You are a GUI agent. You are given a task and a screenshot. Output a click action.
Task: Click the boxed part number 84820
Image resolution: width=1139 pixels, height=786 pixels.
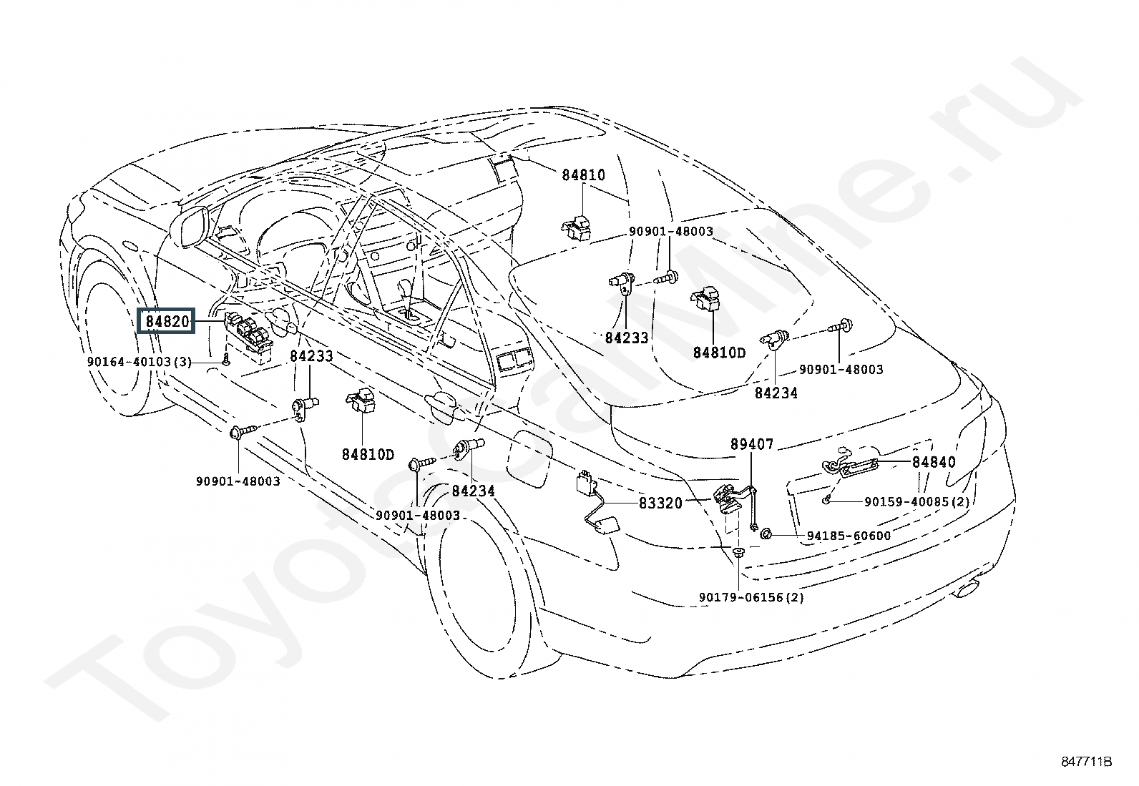click(167, 321)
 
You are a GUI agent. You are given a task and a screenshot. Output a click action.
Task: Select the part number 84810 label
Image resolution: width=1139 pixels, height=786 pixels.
click(583, 175)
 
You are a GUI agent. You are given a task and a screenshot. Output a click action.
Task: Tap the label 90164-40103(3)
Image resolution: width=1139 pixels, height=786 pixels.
click(140, 362)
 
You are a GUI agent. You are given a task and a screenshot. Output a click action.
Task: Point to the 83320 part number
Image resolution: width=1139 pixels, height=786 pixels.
click(660, 503)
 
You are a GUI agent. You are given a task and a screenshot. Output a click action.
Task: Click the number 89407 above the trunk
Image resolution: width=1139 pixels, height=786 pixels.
click(751, 444)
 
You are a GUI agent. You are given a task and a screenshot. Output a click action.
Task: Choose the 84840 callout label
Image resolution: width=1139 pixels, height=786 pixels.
click(934, 461)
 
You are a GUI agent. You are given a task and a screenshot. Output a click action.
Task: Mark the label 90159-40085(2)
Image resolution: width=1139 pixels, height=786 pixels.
click(916, 502)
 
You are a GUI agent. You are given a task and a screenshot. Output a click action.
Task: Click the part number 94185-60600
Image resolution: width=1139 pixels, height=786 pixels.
click(849, 536)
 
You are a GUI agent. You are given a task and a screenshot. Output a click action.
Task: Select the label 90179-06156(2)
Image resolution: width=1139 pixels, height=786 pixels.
click(751, 597)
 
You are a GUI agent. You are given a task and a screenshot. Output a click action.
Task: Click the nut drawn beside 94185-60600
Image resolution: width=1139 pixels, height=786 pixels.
click(766, 534)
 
